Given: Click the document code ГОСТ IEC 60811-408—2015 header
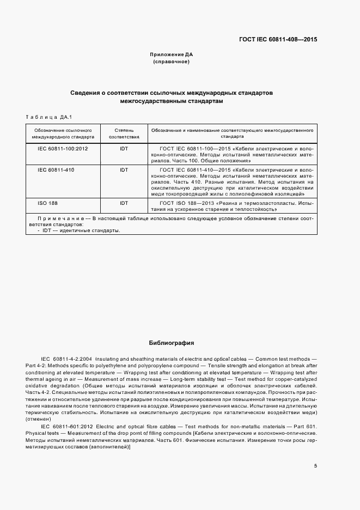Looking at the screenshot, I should coord(278,40).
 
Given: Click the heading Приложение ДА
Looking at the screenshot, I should coord(172,54).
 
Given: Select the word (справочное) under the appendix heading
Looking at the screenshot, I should coord(172,62).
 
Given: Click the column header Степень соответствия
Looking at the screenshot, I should coord(124,134).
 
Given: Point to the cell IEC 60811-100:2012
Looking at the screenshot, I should coord(63,148).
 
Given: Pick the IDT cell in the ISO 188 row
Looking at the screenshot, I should coord(124,203).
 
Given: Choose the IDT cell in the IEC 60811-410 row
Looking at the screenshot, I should coord(124,170).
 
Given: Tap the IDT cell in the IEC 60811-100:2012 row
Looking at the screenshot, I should coord(124,148).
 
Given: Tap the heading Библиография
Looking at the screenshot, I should coord(172,343).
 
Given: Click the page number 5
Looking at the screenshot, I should coord(315,466).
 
